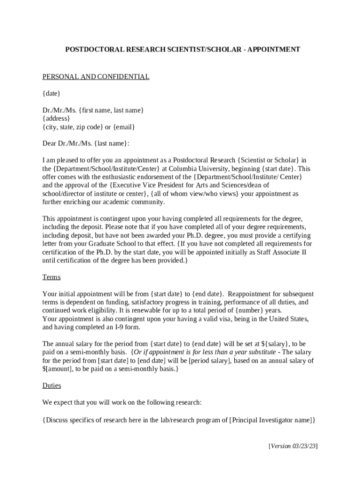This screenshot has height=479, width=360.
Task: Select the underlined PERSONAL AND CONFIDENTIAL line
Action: point(96,77)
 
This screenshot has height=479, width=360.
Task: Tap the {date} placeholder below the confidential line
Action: point(51,94)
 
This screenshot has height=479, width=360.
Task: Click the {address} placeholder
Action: point(57,119)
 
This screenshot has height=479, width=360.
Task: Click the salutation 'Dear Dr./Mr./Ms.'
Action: point(67,144)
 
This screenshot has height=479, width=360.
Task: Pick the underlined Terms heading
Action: point(51,277)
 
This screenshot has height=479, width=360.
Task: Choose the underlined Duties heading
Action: point(51,386)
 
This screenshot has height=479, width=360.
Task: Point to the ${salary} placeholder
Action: point(274,344)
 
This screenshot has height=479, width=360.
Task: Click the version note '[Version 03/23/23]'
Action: point(293,446)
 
